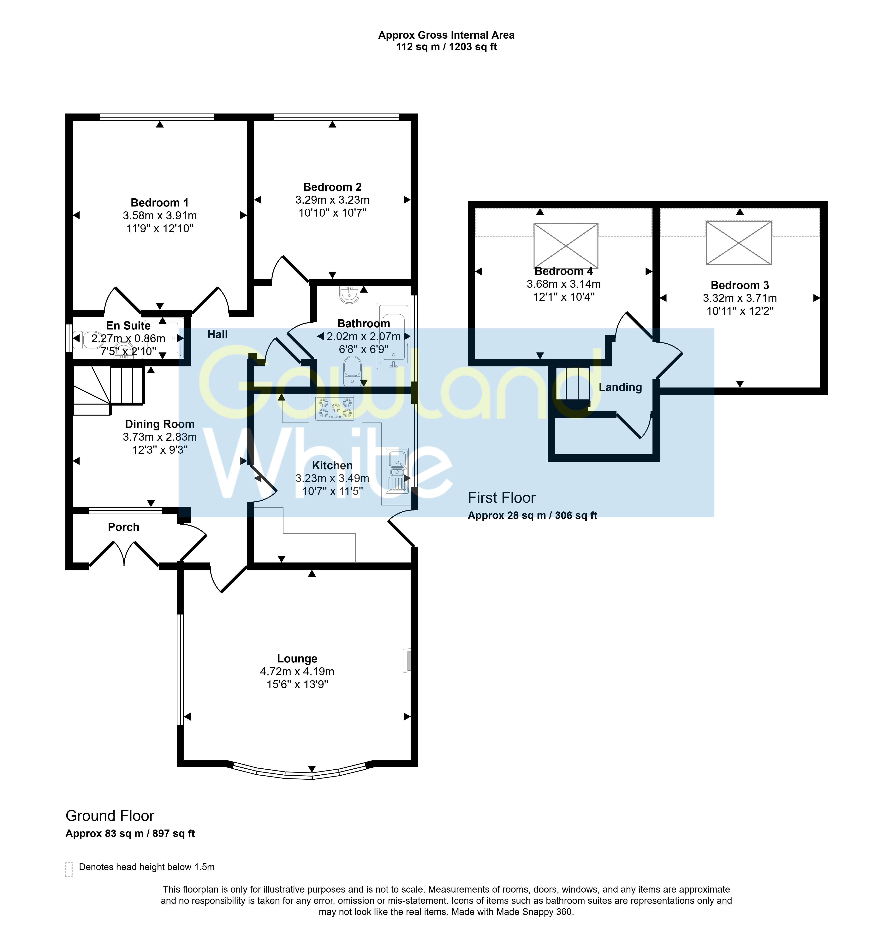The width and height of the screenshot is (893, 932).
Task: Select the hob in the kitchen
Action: click(335, 408)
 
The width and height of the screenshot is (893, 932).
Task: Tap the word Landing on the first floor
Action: click(620, 387)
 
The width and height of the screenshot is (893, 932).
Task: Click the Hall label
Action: click(217, 334)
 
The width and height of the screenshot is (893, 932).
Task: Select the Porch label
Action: click(124, 527)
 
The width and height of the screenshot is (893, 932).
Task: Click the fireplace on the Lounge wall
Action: click(407, 661)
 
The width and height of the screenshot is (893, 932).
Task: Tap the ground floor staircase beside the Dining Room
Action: click(109, 390)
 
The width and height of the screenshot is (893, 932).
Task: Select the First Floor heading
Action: click(501, 497)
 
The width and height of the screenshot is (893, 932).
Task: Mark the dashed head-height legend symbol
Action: click(69, 869)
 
